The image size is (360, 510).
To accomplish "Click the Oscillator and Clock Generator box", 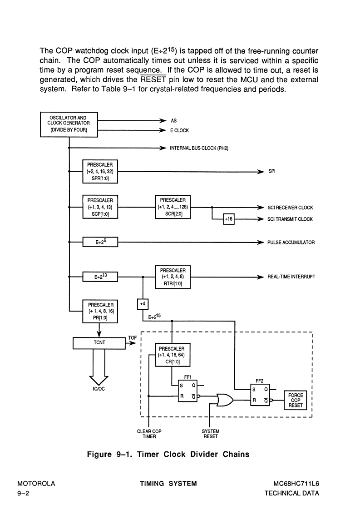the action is (69, 124).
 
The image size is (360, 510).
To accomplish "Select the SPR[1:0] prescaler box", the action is (100, 171).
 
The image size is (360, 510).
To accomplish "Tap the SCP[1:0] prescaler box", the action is (100, 207).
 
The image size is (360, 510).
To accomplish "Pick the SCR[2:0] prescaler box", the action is (173, 207).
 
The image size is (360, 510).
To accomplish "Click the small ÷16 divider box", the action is (229, 219).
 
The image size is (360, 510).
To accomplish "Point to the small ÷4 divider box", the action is (143, 304).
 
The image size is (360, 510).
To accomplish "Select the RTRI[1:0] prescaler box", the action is (173, 277).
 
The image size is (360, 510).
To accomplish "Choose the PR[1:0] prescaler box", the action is (100, 311).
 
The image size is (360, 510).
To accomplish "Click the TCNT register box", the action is (99, 343).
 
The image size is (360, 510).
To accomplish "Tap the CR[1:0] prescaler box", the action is (173, 355).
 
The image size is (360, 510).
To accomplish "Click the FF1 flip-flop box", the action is (187, 391).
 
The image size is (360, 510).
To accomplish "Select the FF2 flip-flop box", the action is (260, 395).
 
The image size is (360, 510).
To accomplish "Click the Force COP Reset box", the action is (295, 400).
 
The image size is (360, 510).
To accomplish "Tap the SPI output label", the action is (272, 171).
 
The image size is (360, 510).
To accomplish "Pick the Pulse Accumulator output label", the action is (291, 243).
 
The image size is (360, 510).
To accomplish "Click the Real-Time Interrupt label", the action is (291, 277).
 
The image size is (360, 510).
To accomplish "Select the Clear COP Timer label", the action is (149, 434).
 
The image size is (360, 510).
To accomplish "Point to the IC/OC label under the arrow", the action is (99, 389).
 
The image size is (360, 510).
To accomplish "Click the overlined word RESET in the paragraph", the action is (153, 79).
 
